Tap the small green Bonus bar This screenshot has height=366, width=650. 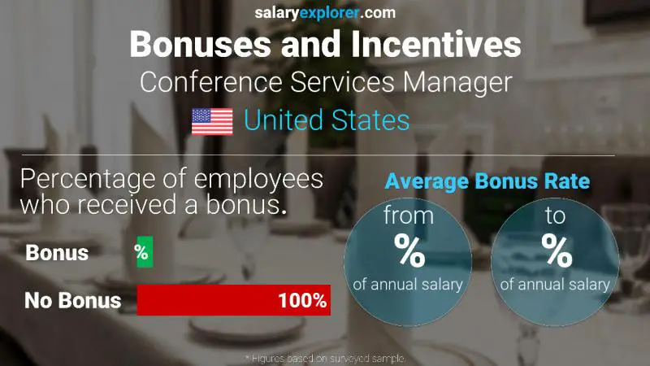pyautogui.click(x=142, y=253)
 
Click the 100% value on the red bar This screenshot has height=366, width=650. pyautogui.click(x=301, y=301)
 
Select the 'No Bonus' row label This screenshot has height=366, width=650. pyautogui.click(x=72, y=301)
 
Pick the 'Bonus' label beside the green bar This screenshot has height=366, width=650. pyautogui.click(x=57, y=253)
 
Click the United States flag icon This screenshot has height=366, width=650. pyautogui.click(x=212, y=122)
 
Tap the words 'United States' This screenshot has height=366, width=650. pyautogui.click(x=327, y=121)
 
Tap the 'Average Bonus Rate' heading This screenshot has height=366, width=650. pyautogui.click(x=487, y=181)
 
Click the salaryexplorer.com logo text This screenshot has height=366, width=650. pyautogui.click(x=325, y=12)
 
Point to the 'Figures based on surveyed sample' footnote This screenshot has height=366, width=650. pyautogui.click(x=324, y=358)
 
